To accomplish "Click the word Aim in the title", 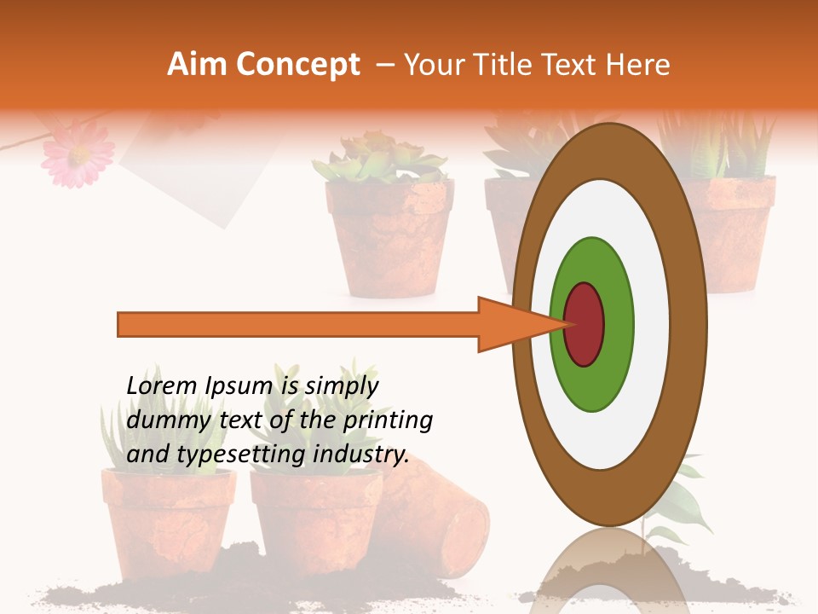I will coord(197,65).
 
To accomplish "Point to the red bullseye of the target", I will coord(584,324).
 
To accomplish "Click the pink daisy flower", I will coord(78,153).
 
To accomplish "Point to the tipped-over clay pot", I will coord(435,520).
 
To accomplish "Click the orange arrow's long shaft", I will coord(298,324).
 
